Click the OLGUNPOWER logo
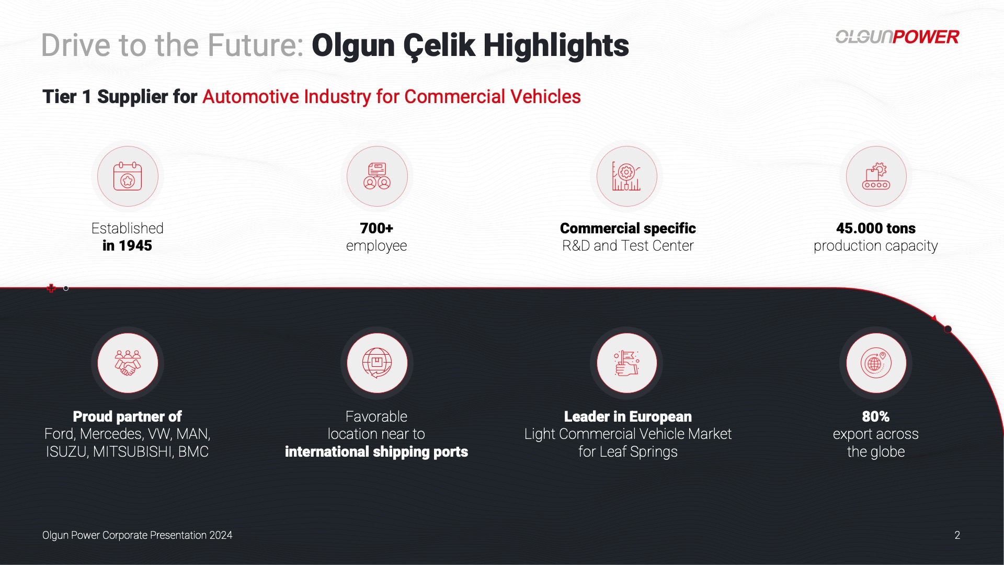[897, 37]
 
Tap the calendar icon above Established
[128, 176]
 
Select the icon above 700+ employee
[377, 176]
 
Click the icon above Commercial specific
[626, 176]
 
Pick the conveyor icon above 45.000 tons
[876, 176]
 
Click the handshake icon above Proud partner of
[128, 363]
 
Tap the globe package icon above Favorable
[377, 363]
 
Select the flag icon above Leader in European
[626, 363]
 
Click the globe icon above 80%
[876, 363]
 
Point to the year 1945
[135, 246]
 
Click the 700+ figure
[376, 228]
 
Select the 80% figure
[876, 416]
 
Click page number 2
[957, 535]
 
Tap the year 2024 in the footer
[221, 535]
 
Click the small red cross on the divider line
[51, 288]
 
